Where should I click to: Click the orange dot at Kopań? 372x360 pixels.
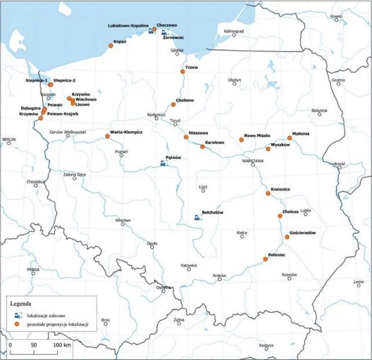tap(111, 46)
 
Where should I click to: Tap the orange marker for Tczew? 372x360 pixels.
tap(182, 71)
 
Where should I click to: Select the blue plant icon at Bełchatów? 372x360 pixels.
tap(197, 217)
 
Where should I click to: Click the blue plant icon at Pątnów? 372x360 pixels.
tap(163, 163)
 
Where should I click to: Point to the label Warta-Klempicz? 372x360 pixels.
tap(127, 132)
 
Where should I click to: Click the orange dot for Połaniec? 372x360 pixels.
tap(265, 259)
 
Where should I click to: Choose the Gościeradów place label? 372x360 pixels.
tap(302, 233)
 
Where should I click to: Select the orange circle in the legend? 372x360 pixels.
tap(17, 324)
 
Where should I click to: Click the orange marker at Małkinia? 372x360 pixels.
tap(290, 138)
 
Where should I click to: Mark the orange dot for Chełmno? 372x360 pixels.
tap(174, 105)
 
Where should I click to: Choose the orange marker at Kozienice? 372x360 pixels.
tap(267, 194)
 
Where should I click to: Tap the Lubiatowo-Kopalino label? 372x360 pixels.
tap(129, 25)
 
